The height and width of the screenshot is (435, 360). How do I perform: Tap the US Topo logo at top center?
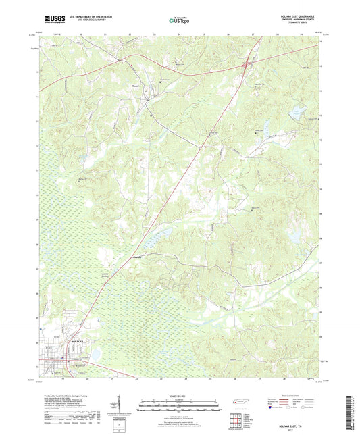coord(179,20)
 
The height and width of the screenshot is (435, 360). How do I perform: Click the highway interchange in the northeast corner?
coord(248,65)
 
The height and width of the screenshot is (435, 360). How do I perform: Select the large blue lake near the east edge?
coord(295,237)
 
